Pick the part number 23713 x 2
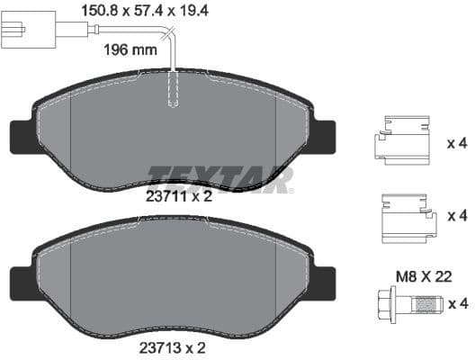(177, 346)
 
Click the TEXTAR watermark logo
(220, 177)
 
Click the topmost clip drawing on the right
(402, 143)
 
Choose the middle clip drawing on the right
(402, 219)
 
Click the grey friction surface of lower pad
(171, 279)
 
